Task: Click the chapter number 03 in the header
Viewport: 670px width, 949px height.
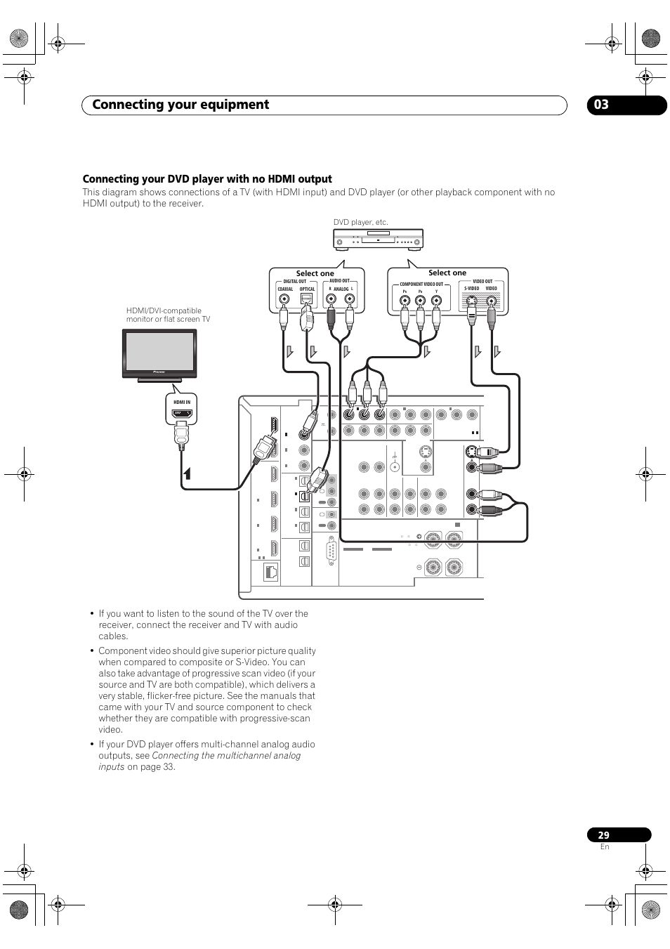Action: pyautogui.click(x=601, y=105)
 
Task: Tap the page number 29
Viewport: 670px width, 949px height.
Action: pyautogui.click(x=604, y=835)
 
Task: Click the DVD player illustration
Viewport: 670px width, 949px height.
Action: pyautogui.click(x=378, y=239)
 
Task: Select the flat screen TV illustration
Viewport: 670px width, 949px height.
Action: pyautogui.click(x=160, y=354)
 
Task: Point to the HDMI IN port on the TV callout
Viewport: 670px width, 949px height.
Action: pyautogui.click(x=182, y=414)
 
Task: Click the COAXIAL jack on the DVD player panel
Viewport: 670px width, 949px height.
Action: pyautogui.click(x=284, y=299)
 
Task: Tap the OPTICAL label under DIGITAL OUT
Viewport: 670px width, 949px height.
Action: pyautogui.click(x=308, y=289)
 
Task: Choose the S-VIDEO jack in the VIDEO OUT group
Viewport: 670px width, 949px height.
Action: pyautogui.click(x=473, y=302)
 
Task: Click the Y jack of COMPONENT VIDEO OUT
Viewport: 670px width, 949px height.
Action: pyautogui.click(x=436, y=302)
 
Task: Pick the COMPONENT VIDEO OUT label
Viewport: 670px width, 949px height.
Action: pyautogui.click(x=421, y=284)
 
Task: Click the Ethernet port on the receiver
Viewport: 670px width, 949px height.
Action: pyautogui.click(x=271, y=572)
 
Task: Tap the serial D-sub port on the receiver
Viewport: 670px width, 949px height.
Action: pyautogui.click(x=331, y=550)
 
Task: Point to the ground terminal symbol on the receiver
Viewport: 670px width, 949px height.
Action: pyautogui.click(x=395, y=456)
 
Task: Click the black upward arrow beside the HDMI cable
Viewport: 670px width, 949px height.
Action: pyautogui.click(x=187, y=472)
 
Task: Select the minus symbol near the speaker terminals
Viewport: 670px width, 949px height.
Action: pyautogui.click(x=419, y=567)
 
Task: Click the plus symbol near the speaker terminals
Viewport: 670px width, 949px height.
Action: pyautogui.click(x=419, y=536)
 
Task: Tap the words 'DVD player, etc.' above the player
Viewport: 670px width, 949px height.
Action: pyautogui.click(x=360, y=222)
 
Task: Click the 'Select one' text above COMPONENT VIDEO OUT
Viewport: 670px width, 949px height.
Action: pyautogui.click(x=447, y=273)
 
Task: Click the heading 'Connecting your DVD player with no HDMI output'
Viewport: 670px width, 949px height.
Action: pyautogui.click(x=207, y=179)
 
